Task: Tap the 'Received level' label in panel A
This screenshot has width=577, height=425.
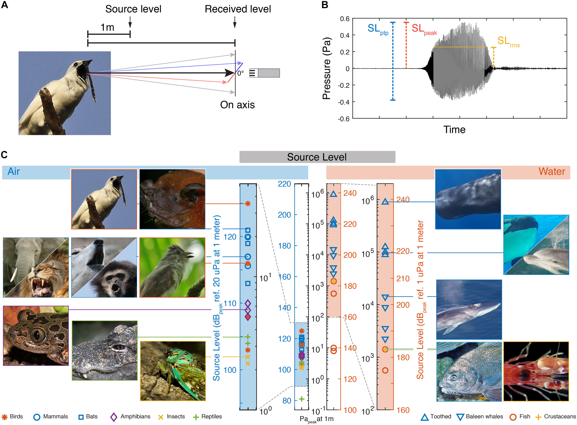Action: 237,9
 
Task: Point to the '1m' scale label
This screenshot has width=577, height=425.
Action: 107,27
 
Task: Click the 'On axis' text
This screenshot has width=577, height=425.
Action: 237,105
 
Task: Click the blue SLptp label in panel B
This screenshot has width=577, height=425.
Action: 377,29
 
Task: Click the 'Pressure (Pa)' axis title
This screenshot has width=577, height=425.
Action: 326,69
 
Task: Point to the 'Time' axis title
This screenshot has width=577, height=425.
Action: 454,130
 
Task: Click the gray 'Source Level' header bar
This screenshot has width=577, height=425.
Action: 317,157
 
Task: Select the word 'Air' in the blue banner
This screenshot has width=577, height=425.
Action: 14,172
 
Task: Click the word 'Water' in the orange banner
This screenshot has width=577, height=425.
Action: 552,172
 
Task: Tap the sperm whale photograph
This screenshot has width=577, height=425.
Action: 468,199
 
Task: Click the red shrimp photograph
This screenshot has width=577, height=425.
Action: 536,371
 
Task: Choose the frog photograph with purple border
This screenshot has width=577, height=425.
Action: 36,335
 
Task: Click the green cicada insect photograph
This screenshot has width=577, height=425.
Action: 173,371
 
